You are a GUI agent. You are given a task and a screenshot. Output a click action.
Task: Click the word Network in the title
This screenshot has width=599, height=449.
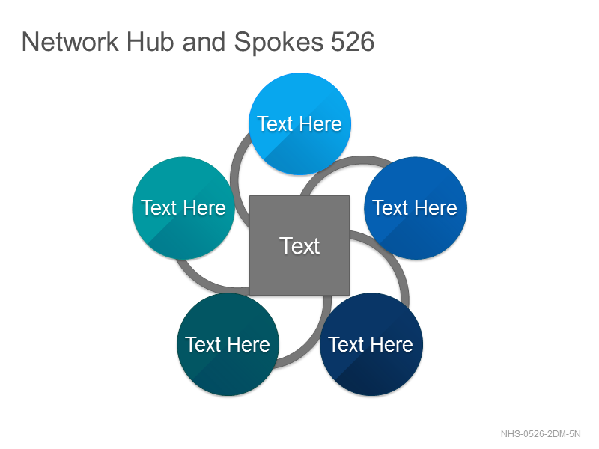click(70, 42)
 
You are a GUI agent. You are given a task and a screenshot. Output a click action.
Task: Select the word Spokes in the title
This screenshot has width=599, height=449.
click(279, 43)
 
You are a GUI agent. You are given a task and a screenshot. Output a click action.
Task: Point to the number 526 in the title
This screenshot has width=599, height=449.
click(352, 42)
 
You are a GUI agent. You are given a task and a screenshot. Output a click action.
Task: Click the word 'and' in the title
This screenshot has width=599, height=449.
click(204, 42)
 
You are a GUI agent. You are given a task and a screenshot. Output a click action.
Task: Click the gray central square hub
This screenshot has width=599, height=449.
click(299, 245)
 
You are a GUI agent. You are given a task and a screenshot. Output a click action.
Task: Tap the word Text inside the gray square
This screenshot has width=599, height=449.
click(299, 245)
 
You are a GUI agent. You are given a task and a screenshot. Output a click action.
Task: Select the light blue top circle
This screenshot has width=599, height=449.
click(300, 123)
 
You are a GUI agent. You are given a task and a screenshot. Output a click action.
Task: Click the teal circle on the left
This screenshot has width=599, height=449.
click(183, 208)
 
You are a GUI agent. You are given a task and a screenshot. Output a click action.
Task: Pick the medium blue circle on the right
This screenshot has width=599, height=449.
click(416, 208)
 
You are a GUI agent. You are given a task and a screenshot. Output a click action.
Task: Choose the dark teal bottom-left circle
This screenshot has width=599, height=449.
click(228, 344)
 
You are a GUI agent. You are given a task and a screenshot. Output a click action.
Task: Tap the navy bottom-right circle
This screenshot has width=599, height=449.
click(371, 344)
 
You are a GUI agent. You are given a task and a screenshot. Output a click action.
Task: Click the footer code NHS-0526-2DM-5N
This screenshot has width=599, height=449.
click(541, 434)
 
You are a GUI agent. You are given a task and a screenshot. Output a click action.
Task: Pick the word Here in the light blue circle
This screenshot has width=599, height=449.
click(320, 123)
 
